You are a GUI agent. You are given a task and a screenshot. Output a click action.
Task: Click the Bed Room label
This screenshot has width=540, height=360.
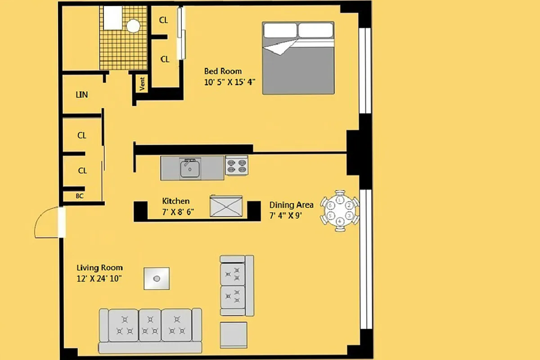[223, 71]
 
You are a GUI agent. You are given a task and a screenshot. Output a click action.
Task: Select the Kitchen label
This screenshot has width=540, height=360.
[175, 201]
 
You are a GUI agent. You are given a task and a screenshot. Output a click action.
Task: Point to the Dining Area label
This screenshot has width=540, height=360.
[291, 205]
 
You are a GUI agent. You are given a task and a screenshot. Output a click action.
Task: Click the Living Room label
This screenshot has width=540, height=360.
[99, 268]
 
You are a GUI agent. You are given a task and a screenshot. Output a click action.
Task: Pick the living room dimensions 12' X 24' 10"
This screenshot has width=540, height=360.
[99, 279]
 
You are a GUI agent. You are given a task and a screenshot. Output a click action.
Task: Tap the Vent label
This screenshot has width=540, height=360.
[142, 84]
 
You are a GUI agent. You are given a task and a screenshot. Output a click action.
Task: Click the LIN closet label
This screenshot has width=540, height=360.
[81, 95]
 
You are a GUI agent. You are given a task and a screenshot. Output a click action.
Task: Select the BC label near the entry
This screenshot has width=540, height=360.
[79, 196]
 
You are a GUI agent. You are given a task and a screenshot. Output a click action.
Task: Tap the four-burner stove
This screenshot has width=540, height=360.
[236, 166]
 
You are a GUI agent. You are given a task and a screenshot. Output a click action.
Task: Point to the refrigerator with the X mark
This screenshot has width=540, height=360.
[226, 207]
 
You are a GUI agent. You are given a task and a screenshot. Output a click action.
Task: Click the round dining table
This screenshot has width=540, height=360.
[340, 210]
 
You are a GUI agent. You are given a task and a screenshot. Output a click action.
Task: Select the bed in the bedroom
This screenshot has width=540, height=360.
[298, 58]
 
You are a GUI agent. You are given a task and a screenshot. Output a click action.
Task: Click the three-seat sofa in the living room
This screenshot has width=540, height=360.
[151, 330]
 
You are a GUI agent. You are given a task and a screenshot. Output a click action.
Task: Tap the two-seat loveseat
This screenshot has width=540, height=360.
[237, 285]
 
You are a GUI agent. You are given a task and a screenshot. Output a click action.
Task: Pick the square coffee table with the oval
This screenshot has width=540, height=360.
[157, 279]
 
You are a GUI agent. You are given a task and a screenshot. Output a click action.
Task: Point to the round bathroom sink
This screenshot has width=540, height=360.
[133, 26]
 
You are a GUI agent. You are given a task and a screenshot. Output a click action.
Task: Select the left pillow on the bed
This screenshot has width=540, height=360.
[280, 30]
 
